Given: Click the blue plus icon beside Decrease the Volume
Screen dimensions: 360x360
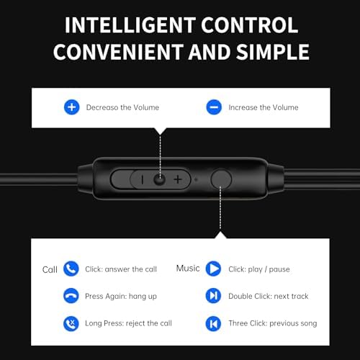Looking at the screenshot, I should point(71,107).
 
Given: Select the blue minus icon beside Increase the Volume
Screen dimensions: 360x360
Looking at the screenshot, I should point(213,107).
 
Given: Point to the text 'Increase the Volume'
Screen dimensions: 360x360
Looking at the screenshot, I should point(263,107).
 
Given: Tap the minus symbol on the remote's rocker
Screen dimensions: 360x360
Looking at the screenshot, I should point(142,179).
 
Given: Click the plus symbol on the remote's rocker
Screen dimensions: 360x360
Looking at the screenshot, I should point(177,179).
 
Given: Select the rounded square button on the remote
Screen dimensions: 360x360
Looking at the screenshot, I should point(221,179).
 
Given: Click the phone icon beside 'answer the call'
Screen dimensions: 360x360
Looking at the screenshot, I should point(71,269).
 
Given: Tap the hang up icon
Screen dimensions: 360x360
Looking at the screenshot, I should point(71,296).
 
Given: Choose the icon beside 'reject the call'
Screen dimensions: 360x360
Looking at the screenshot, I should point(71,323).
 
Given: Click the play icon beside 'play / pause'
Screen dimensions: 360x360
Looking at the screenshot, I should point(213,269).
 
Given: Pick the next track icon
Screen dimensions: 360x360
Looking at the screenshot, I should point(213,296).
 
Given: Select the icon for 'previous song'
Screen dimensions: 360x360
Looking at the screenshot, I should point(213,323).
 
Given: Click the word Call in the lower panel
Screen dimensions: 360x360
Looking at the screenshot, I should point(50,270).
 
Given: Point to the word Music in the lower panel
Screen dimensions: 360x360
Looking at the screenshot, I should point(188,268).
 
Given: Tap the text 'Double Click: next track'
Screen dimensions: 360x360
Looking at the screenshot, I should point(269,297).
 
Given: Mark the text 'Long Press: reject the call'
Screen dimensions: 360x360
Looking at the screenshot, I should point(128,323).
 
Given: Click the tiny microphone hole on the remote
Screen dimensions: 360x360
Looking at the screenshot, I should point(195,179).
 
